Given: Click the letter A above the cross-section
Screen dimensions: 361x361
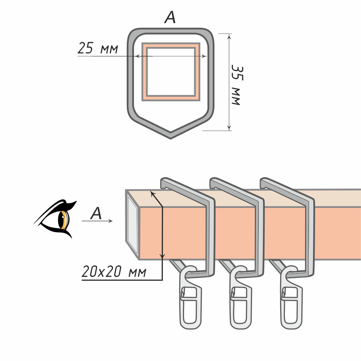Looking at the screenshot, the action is point(170,17).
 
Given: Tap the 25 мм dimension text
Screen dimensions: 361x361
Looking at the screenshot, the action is point(98,48).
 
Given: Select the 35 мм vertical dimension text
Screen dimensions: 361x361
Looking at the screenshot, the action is point(237,85).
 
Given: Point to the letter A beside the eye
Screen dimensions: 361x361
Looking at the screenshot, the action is point(96,213).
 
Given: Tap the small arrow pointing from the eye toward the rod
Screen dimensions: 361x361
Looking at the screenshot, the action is point(97,221).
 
